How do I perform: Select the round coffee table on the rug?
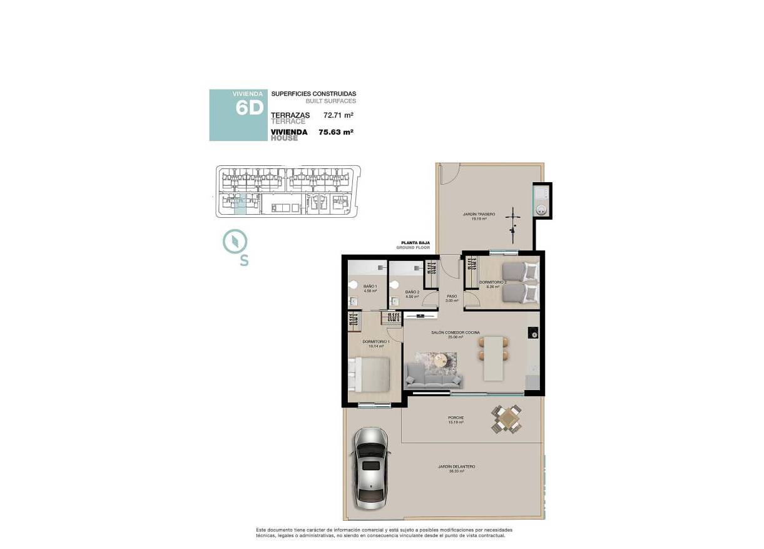pyautogui.click(x=442, y=360)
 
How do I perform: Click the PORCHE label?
pyautogui.click(x=456, y=418)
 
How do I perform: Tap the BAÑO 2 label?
pyautogui.click(x=412, y=292)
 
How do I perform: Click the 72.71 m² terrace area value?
pyautogui.click(x=338, y=115)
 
